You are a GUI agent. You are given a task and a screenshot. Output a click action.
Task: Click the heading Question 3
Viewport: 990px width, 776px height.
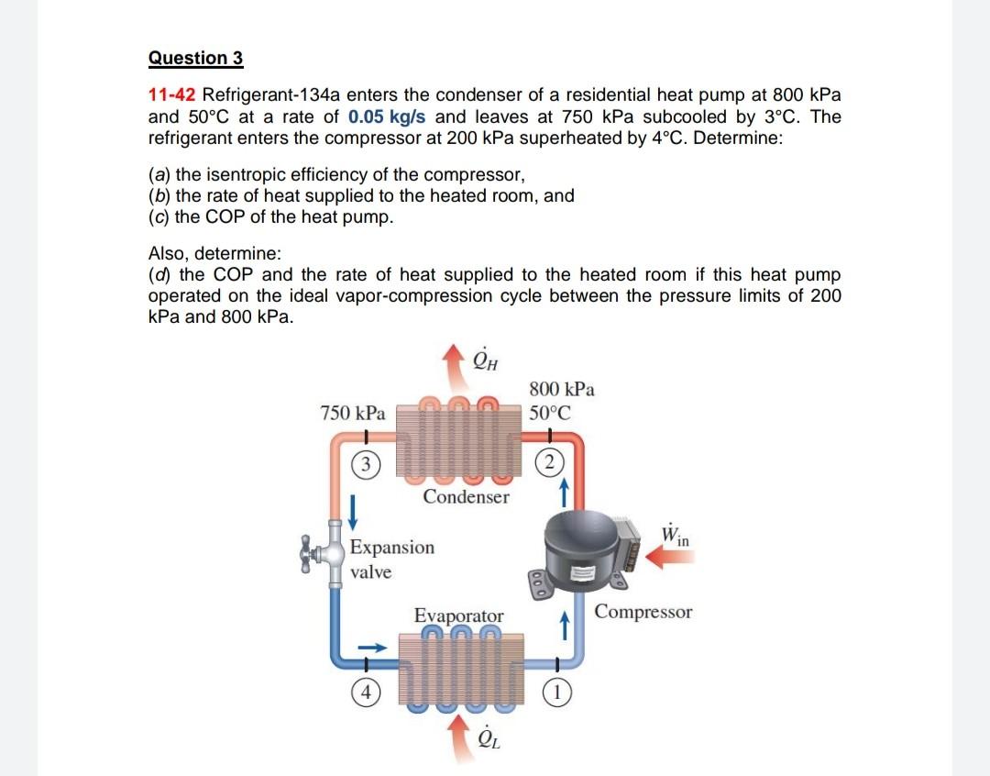click(x=195, y=58)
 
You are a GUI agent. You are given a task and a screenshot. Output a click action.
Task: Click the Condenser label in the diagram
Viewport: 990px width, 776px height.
click(x=466, y=497)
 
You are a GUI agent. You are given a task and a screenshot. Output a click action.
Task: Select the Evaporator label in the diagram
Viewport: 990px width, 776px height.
click(x=458, y=615)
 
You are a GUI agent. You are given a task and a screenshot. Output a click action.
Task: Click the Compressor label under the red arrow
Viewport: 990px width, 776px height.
click(x=643, y=612)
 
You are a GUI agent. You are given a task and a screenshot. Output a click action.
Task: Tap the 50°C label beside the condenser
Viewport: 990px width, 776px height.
click(x=550, y=412)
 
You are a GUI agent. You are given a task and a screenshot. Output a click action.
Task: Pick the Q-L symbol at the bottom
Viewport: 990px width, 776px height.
click(x=486, y=738)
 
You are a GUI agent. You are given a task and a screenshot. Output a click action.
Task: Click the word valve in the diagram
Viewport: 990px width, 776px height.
click(x=371, y=572)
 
